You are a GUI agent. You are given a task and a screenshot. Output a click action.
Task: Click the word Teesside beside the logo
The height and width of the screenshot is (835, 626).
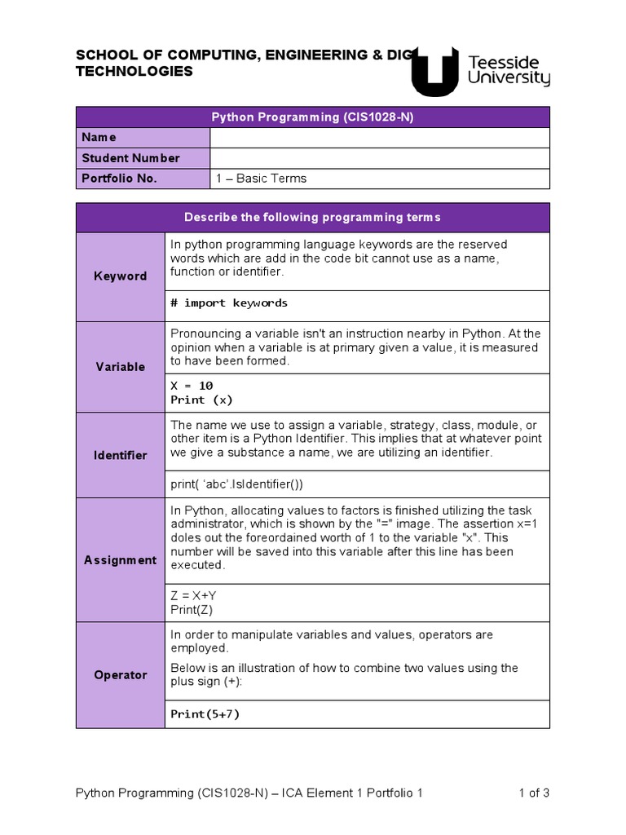(509, 62)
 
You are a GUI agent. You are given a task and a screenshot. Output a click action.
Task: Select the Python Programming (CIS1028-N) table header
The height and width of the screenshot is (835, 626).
(313, 117)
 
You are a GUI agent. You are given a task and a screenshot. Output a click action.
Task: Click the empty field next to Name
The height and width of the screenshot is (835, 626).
(380, 137)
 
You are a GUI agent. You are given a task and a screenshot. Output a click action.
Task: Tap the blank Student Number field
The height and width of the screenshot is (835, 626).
(380, 158)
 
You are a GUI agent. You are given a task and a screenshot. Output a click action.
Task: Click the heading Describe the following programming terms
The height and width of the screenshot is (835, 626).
(312, 217)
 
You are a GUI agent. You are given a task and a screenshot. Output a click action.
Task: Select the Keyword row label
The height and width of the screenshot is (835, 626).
(120, 276)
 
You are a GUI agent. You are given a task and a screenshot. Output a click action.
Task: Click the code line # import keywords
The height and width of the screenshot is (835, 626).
(229, 303)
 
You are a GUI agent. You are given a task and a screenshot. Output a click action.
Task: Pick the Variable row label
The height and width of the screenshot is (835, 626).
(120, 367)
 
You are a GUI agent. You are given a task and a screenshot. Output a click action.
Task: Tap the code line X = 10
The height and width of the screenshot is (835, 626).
(192, 385)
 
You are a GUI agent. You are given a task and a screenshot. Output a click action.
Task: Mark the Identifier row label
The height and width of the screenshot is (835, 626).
(120, 455)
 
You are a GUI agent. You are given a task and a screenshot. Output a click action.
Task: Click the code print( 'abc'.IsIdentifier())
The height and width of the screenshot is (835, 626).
(236, 484)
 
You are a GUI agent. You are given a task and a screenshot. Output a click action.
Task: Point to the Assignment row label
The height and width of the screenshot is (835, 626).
(120, 560)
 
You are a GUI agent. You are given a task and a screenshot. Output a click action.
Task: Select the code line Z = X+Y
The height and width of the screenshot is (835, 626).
(193, 595)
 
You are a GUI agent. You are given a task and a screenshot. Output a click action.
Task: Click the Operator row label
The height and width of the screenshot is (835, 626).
(120, 675)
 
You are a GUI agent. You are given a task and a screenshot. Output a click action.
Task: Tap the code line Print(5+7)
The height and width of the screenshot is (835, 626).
(205, 714)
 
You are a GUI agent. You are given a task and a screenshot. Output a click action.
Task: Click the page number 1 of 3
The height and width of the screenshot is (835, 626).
(534, 793)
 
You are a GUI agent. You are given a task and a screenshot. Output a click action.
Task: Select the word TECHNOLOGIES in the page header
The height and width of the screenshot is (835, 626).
(134, 72)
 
